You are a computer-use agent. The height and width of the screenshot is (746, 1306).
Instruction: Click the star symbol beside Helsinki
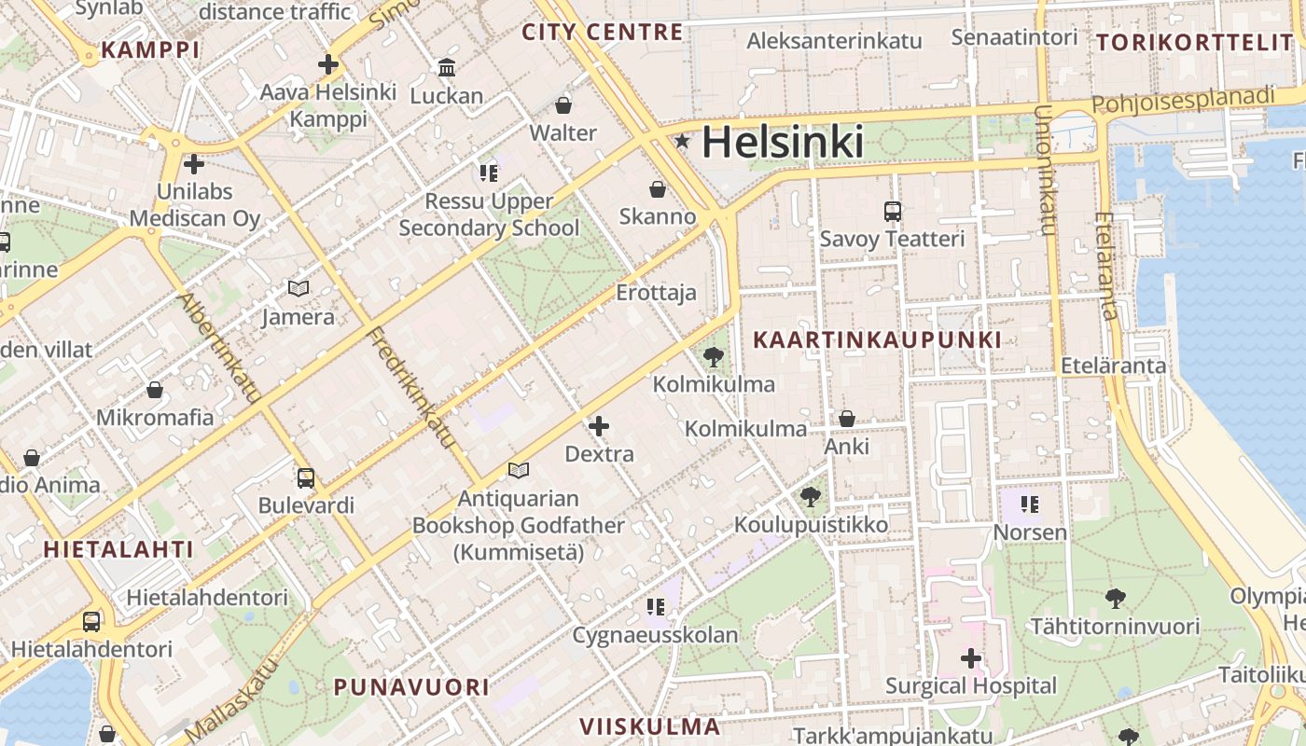pyautogui.click(x=683, y=142)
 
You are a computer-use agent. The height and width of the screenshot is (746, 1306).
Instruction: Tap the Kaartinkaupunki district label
pyautogui.click(x=877, y=340)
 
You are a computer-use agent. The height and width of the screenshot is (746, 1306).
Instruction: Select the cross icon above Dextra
pyautogui.click(x=599, y=427)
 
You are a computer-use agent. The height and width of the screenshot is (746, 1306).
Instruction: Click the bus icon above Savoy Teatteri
pyautogui.click(x=893, y=212)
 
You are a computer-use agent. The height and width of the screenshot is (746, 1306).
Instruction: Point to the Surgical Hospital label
pyautogui.click(x=970, y=686)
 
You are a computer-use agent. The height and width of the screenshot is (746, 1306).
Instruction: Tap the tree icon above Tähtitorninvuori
pyautogui.click(x=1115, y=598)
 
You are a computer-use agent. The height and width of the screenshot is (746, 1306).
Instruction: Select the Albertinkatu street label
pyautogui.click(x=219, y=348)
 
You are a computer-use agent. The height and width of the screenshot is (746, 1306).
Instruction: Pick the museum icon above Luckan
pyautogui.click(x=447, y=68)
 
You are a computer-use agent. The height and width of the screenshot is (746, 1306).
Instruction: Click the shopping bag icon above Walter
pyautogui.click(x=563, y=105)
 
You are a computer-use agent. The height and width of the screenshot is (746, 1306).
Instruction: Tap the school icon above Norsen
pyautogui.click(x=1030, y=505)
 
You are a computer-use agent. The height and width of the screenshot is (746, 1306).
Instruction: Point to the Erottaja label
pyautogui.click(x=656, y=293)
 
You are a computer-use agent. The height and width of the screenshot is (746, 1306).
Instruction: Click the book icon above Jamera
pyautogui.click(x=298, y=289)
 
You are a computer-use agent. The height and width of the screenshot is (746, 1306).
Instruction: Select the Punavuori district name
pyautogui.click(x=411, y=687)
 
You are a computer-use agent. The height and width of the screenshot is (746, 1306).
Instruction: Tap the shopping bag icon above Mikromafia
pyautogui.click(x=155, y=390)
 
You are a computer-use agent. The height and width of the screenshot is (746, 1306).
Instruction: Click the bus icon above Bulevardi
pyautogui.click(x=306, y=478)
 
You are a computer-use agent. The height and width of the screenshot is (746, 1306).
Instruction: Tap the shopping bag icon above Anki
pyautogui.click(x=847, y=420)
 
